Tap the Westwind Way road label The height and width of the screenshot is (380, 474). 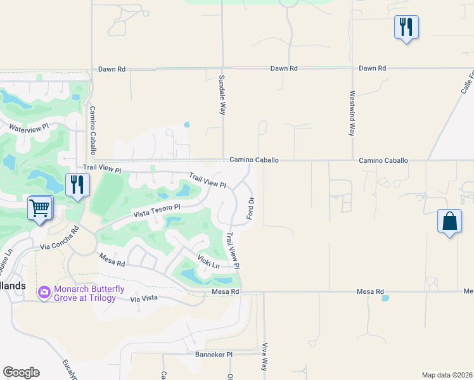pos(352,114)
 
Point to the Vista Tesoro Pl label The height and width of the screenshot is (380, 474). pos(157,211)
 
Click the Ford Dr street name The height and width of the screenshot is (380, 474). pos(251,208)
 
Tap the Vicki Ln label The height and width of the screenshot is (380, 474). pos(207,261)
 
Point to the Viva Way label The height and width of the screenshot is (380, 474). pos(265,357)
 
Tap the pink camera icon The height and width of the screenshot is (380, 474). pos(44,292)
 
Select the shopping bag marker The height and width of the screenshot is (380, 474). pos(449,222)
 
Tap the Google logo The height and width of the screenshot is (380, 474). pos(21,372)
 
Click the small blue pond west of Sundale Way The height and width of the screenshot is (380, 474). pos(186,125)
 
